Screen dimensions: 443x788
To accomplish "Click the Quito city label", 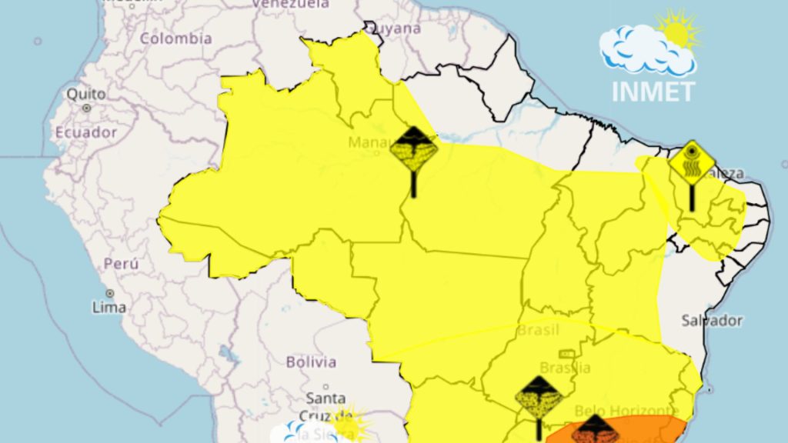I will tap(86, 94).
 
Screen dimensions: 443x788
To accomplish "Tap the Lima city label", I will tap(109, 307).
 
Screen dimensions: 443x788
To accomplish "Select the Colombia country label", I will tap(175, 38).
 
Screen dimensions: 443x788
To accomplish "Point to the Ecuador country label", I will tap(86, 132).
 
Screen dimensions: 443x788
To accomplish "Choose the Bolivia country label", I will tap(311, 361).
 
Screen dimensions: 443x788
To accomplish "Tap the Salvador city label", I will tap(712, 320).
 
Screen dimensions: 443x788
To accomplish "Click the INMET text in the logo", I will tap(653, 91).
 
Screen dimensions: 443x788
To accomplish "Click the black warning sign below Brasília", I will tap(539, 398).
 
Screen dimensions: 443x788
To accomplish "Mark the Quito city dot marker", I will tap(86, 108).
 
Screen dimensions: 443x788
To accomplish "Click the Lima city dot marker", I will tap(110, 293).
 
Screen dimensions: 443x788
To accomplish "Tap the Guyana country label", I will tap(395, 28).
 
